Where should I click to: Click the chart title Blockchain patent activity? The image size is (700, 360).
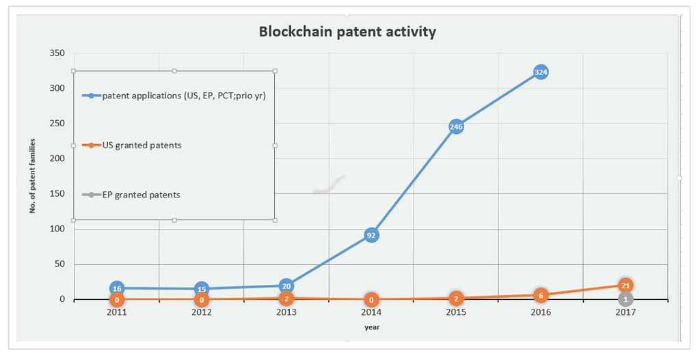click(x=347, y=31)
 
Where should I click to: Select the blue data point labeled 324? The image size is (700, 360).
click(x=541, y=72)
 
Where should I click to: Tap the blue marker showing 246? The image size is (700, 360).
click(x=456, y=126)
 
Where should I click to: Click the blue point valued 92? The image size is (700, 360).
click(x=371, y=235)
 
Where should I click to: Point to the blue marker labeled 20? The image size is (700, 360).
click(x=286, y=286)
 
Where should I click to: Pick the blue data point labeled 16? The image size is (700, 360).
click(x=117, y=288)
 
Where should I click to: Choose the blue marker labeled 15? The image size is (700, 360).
click(x=202, y=289)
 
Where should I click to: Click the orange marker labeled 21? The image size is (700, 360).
click(x=625, y=285)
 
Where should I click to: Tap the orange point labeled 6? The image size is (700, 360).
click(x=541, y=295)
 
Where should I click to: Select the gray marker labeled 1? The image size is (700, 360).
click(x=625, y=299)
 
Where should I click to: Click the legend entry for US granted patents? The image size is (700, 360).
click(x=141, y=145)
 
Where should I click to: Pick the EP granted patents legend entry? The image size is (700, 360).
click(x=140, y=195)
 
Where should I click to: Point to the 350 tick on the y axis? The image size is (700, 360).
click(x=57, y=53)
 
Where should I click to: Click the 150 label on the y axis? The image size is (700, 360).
click(x=57, y=194)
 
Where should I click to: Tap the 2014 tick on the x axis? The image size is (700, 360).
click(x=371, y=312)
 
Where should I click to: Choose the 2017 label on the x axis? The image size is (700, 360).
click(x=625, y=312)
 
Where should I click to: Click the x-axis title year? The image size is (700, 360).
click(x=371, y=327)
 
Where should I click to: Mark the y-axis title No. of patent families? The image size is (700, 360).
click(x=32, y=176)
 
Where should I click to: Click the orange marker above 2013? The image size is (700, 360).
click(x=286, y=299)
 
